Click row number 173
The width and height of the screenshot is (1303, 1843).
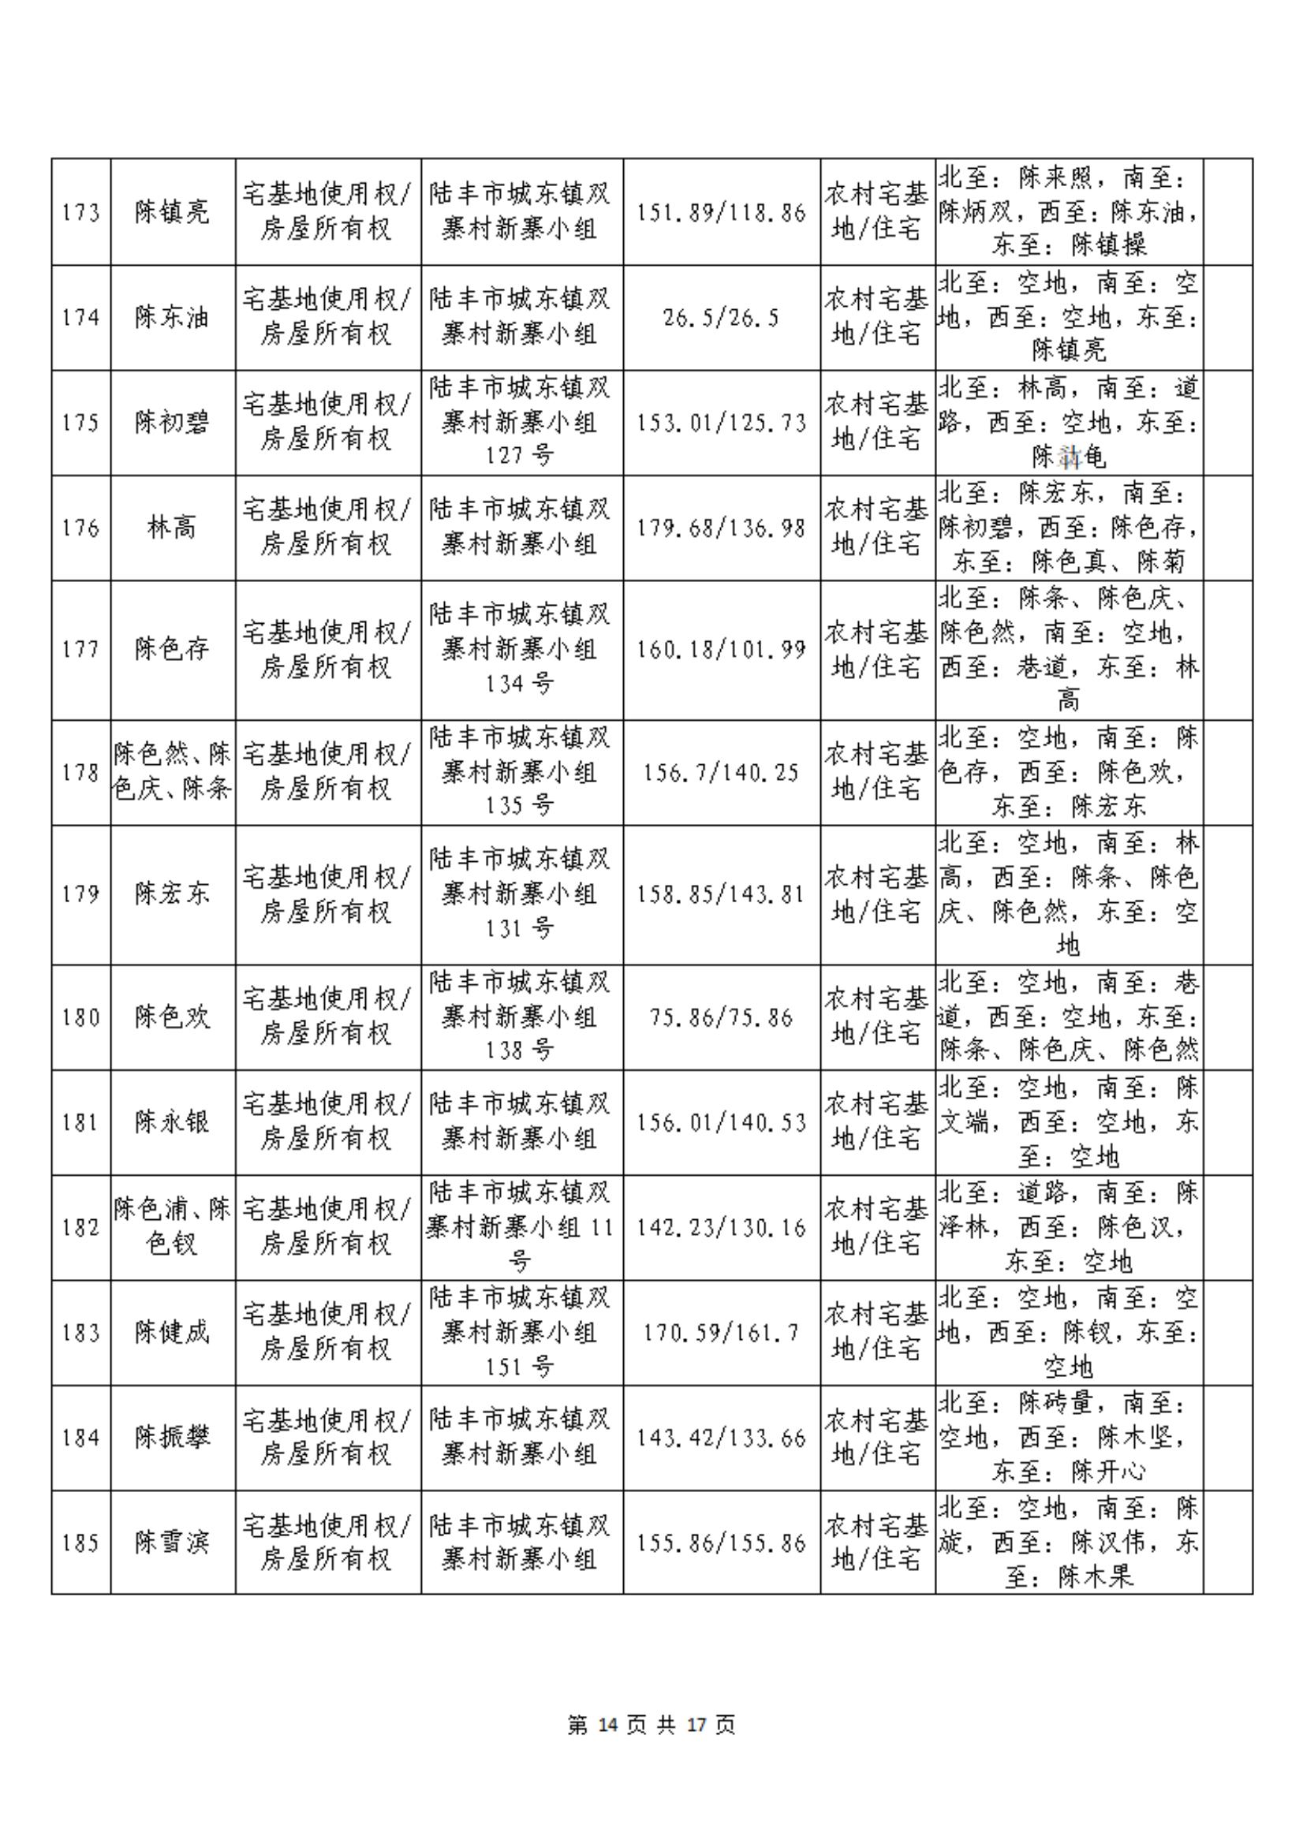coord(81,213)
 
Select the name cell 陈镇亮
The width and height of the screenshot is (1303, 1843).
coord(172,213)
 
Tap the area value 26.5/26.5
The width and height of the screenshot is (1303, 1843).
coord(721,318)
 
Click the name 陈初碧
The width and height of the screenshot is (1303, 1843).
coord(172,423)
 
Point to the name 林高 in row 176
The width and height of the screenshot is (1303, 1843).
coord(172,528)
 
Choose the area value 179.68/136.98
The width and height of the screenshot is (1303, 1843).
coord(721,528)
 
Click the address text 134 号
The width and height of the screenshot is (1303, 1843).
coord(520,683)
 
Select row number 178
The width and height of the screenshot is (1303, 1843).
coord(81,773)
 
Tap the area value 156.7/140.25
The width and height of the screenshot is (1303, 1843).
coord(721,773)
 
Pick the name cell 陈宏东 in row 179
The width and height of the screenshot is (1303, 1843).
coord(172,894)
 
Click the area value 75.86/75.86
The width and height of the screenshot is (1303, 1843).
coord(721,1018)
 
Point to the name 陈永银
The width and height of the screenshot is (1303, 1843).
coord(172,1122)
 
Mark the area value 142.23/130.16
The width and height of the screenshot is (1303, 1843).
coord(721,1227)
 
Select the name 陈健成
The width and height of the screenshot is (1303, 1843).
coord(172,1334)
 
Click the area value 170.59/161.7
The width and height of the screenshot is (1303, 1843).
coord(721,1334)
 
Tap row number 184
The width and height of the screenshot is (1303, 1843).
coord(81,1438)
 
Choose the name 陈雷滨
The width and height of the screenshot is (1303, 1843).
coord(172,1542)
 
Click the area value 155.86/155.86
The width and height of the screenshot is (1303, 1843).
coord(721,1542)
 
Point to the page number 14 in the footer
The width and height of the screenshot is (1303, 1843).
coord(608,1725)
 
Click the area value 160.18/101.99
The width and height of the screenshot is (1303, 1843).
coord(721,649)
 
